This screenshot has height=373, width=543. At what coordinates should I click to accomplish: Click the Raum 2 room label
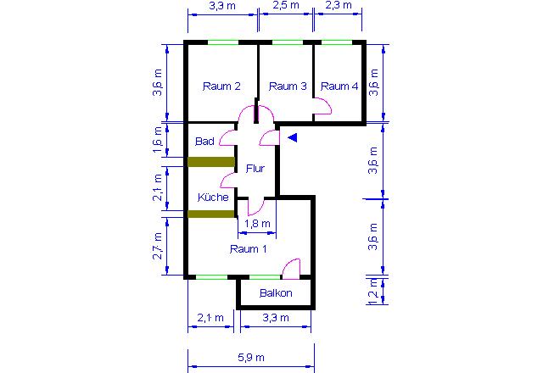(x=221, y=86)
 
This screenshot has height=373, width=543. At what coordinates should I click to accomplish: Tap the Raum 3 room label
(x=288, y=86)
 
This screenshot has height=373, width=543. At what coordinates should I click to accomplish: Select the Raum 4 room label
(x=339, y=86)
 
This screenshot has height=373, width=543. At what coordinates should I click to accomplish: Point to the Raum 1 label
(x=249, y=249)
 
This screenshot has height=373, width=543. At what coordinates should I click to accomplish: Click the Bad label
(x=204, y=142)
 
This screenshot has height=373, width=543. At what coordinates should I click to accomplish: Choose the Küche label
(x=213, y=198)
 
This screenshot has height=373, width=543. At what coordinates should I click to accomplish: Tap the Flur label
(x=255, y=169)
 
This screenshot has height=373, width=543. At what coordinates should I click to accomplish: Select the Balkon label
(x=276, y=293)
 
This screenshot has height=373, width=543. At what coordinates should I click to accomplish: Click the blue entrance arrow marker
(x=293, y=137)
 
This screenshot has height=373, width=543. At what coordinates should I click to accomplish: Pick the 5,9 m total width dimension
(x=251, y=358)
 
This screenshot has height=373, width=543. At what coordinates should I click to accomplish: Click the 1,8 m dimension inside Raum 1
(x=257, y=224)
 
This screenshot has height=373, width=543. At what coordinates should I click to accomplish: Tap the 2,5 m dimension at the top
(x=286, y=5)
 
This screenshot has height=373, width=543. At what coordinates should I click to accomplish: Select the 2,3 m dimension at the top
(x=339, y=5)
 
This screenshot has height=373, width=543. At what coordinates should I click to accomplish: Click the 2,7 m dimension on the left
(x=157, y=246)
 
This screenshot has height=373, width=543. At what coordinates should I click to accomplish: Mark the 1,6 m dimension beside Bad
(x=157, y=139)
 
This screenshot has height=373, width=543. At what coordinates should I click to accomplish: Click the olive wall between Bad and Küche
(x=211, y=162)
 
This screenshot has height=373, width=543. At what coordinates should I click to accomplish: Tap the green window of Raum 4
(x=337, y=42)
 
